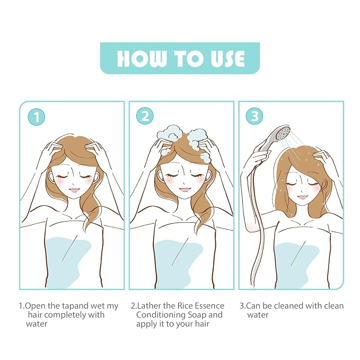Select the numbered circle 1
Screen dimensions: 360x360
tap(36, 117)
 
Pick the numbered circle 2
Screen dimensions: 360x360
tap(145, 116)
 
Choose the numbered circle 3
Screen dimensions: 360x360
tap(254, 116)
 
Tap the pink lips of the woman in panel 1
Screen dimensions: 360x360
tap(74, 190)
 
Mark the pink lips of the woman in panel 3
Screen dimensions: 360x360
tap(302, 197)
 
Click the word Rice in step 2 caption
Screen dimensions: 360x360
tap(185, 306)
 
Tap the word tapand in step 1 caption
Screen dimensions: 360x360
tap(75, 306)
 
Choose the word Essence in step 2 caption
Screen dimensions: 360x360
tap(209, 306)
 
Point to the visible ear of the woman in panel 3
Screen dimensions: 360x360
tap(325, 183)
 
